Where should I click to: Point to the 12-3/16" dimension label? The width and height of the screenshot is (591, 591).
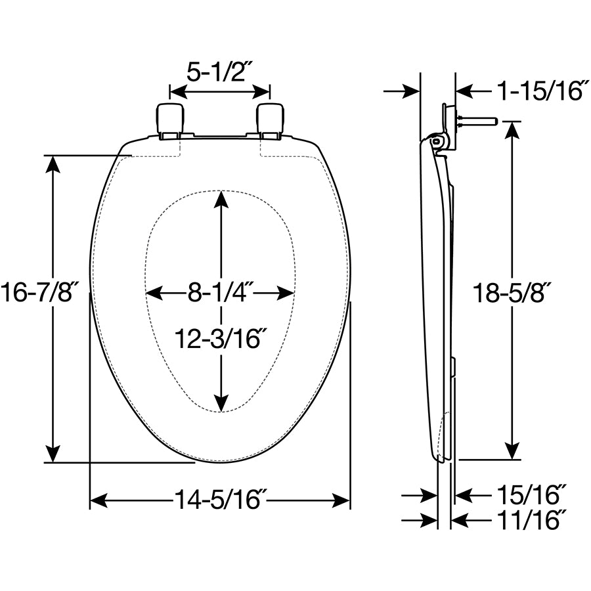[220, 338]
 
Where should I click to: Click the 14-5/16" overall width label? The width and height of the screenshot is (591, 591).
[219, 501]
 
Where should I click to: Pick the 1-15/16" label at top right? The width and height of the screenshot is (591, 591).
[541, 91]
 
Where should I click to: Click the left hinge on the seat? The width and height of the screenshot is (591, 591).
[170, 119]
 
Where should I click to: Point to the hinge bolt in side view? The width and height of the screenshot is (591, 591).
[479, 121]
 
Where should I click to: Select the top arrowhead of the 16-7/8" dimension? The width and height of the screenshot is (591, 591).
[53, 164]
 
